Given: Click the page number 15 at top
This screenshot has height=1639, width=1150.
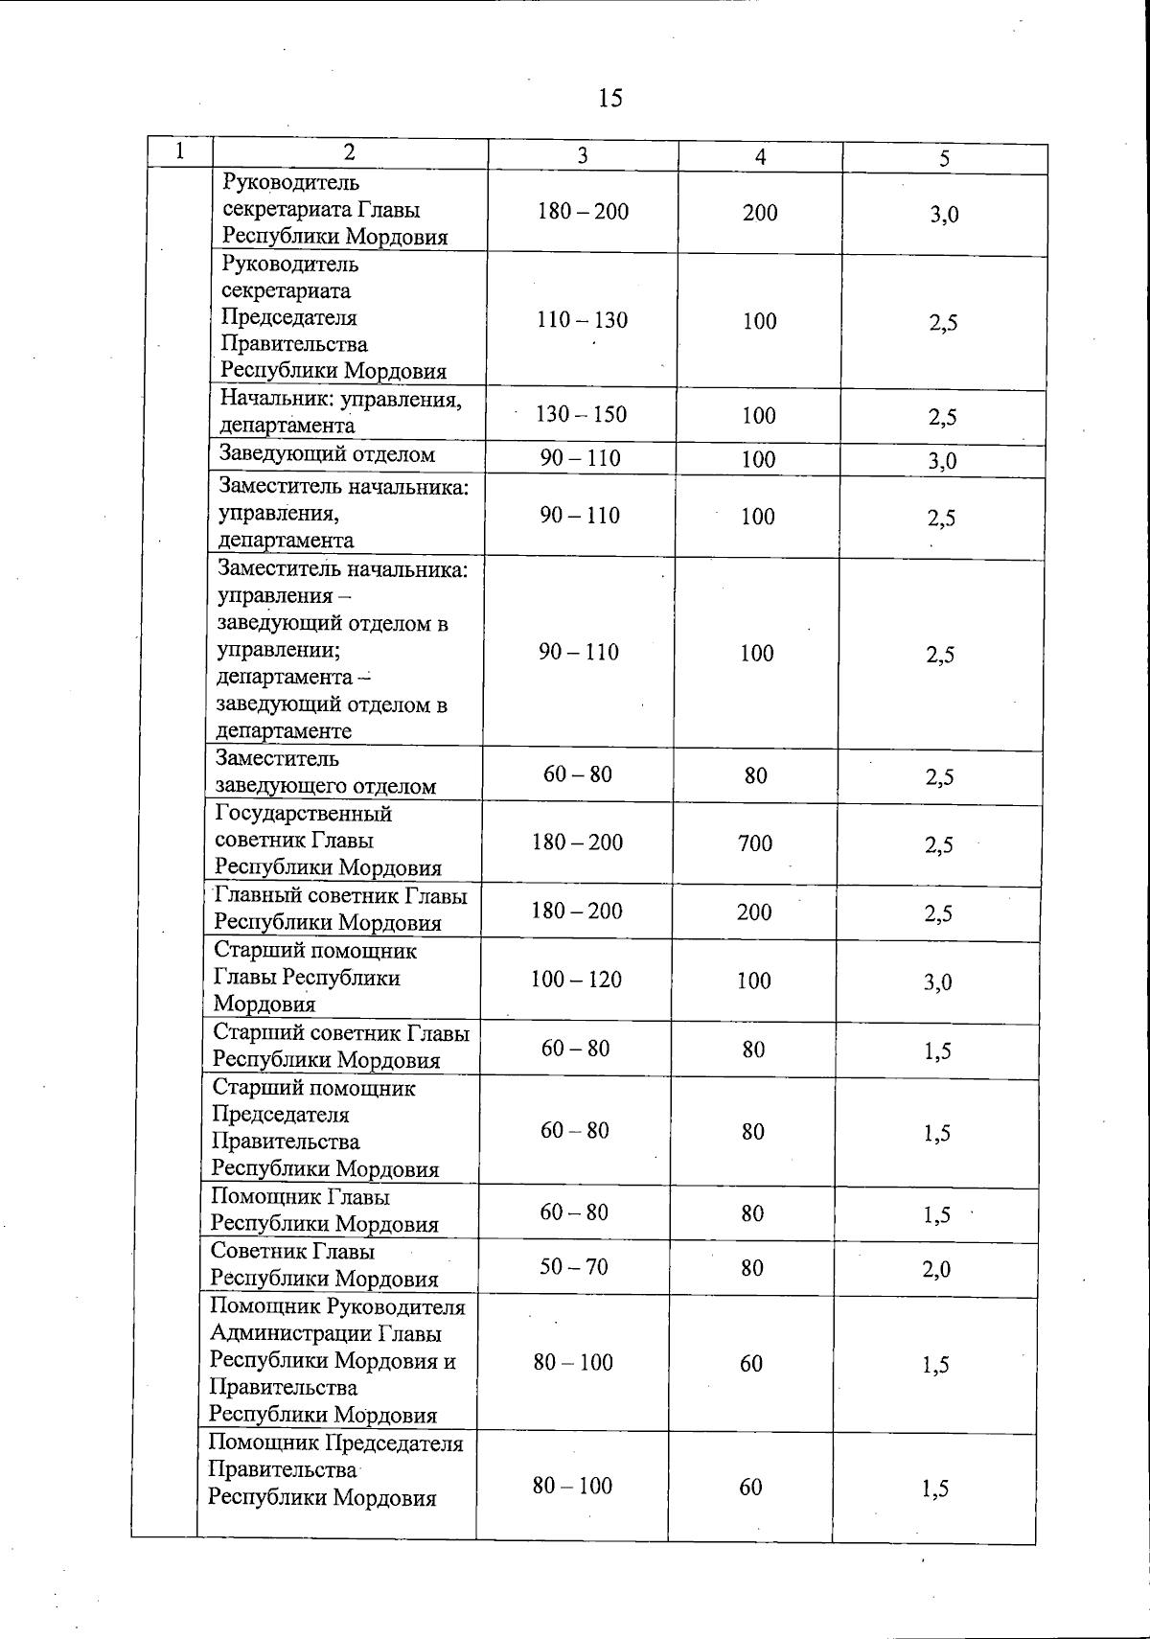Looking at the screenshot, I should (609, 98).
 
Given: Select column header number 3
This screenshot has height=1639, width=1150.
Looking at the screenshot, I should (582, 156).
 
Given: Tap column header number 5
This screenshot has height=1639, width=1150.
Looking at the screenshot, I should (944, 159).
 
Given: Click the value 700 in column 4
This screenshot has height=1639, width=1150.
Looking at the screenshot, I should (755, 843).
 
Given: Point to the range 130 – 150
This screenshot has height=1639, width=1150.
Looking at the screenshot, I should (581, 414).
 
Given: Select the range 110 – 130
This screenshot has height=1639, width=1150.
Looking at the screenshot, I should (582, 320).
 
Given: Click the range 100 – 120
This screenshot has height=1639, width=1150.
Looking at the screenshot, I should (576, 980).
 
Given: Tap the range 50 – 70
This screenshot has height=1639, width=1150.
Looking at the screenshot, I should (573, 1267).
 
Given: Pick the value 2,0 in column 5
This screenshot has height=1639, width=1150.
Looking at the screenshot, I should (936, 1270).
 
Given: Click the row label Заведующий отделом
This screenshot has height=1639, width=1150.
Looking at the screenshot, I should (327, 454).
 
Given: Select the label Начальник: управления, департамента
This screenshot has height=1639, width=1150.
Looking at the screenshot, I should (340, 412).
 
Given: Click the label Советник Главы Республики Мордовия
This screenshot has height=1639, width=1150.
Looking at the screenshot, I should (324, 1265).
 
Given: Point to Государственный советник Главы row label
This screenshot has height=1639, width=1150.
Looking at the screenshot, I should (328, 841).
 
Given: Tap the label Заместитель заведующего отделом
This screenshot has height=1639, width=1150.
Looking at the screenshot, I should (325, 773).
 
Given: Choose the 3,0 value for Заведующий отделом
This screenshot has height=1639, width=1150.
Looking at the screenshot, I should (942, 461).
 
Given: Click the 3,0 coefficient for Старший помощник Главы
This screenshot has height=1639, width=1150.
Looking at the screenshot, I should (938, 982).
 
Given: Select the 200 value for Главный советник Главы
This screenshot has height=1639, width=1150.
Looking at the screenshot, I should (754, 912).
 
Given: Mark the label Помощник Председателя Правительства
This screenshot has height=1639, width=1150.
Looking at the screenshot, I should (335, 1470).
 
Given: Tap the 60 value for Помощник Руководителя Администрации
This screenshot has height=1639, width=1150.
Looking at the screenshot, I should (751, 1363).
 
